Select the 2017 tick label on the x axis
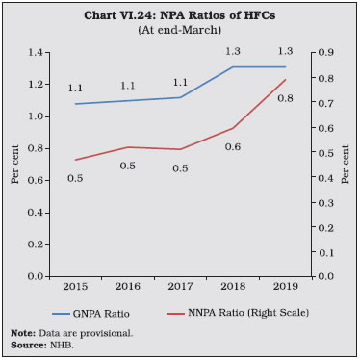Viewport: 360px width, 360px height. [180, 286]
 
